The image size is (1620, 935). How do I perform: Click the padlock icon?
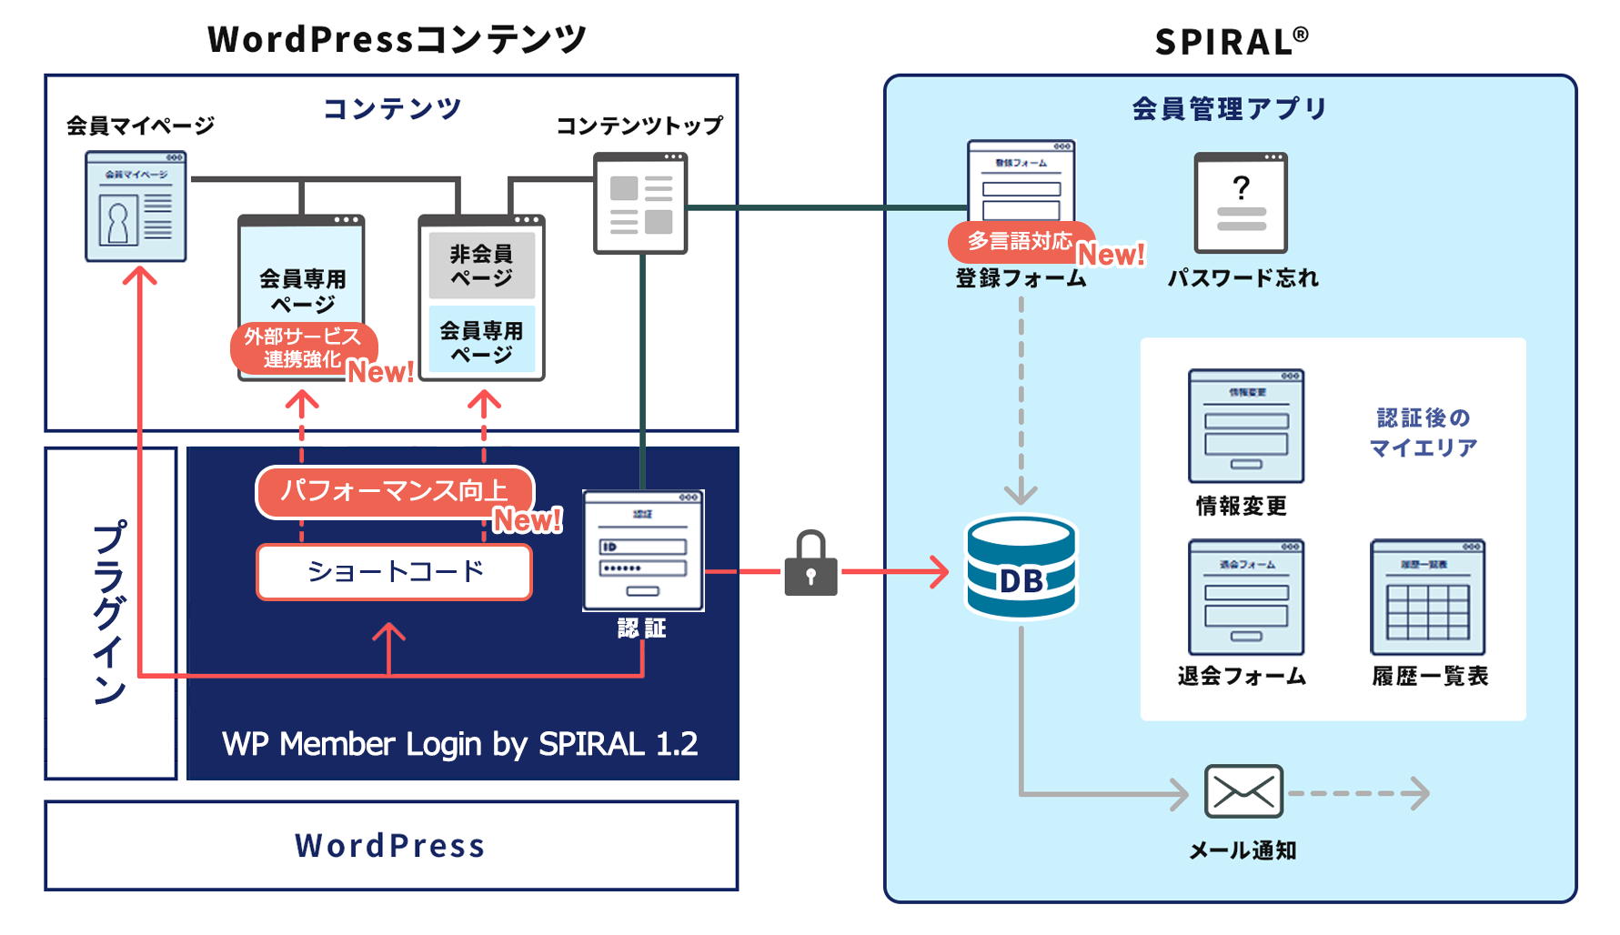tap(810, 565)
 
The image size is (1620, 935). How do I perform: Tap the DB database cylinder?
tap(1021, 568)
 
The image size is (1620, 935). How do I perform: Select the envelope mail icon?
tap(1243, 791)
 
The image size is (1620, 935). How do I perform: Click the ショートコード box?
tap(394, 572)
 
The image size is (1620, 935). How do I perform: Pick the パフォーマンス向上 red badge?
tap(394, 492)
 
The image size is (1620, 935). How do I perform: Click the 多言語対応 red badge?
tap(1020, 242)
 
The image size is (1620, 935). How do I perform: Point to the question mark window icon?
tap(1241, 203)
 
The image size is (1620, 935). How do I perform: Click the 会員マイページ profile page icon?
tap(136, 206)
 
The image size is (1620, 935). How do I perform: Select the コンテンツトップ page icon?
tap(640, 203)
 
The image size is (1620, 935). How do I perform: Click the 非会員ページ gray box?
tap(481, 266)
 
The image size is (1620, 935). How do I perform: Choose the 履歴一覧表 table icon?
tap(1427, 598)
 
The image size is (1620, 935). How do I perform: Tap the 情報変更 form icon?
tap(1245, 426)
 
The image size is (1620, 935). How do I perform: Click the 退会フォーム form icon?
tap(1245, 598)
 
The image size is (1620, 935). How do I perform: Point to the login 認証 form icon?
tap(643, 550)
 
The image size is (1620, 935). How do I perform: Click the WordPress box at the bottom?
tap(391, 846)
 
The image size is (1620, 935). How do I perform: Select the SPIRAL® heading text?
tap(1231, 42)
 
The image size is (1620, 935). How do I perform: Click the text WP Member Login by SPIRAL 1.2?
tap(459, 744)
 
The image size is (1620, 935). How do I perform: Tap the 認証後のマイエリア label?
tap(1423, 432)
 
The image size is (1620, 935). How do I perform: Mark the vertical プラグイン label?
tap(109, 612)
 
